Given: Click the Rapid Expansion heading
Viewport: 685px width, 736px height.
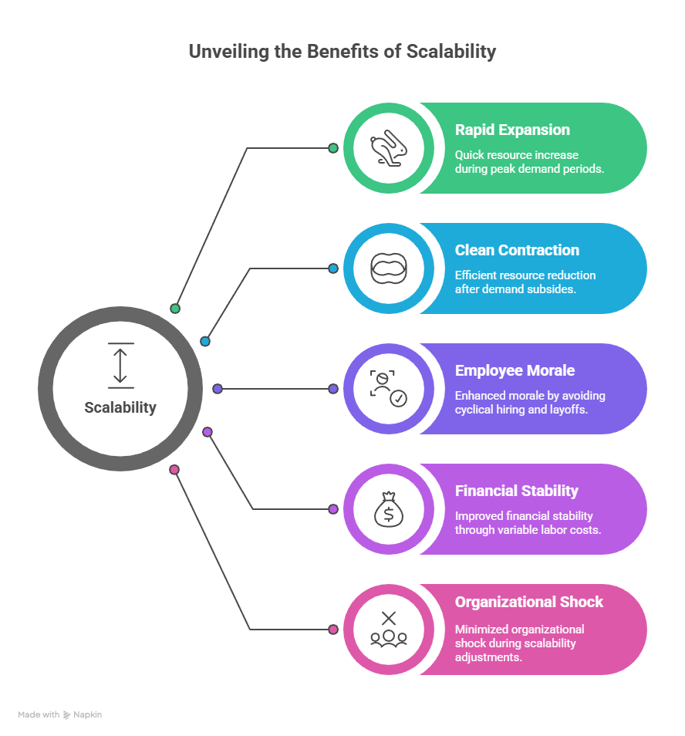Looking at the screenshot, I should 512,130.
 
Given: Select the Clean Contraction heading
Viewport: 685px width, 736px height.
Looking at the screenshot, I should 517,250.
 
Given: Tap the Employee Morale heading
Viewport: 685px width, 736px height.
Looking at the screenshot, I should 515,370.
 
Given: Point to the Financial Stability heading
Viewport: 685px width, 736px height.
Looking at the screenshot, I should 516,491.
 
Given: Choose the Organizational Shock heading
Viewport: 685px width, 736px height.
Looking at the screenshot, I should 529,602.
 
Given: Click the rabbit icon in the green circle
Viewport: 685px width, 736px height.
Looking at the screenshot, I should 389,148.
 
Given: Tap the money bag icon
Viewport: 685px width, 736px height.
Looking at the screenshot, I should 389,509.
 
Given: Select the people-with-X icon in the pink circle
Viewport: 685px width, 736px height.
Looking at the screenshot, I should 389,629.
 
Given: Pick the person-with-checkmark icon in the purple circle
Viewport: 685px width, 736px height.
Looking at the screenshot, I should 389,388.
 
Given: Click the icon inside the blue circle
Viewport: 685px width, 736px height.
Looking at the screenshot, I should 389,268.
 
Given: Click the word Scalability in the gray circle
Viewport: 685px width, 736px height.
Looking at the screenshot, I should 120,407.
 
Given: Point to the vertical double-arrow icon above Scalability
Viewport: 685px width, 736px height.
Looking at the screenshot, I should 120,365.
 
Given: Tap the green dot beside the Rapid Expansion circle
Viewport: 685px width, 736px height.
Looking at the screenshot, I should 333,148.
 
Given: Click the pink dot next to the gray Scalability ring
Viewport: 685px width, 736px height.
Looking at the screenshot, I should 174,469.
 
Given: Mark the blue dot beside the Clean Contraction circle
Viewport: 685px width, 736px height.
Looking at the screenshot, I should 333,268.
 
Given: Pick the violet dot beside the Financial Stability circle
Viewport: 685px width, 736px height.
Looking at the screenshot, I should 333,509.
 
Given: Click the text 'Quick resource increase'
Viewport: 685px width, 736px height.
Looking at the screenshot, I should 516,154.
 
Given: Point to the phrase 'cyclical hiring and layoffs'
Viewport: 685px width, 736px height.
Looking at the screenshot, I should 521,409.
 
